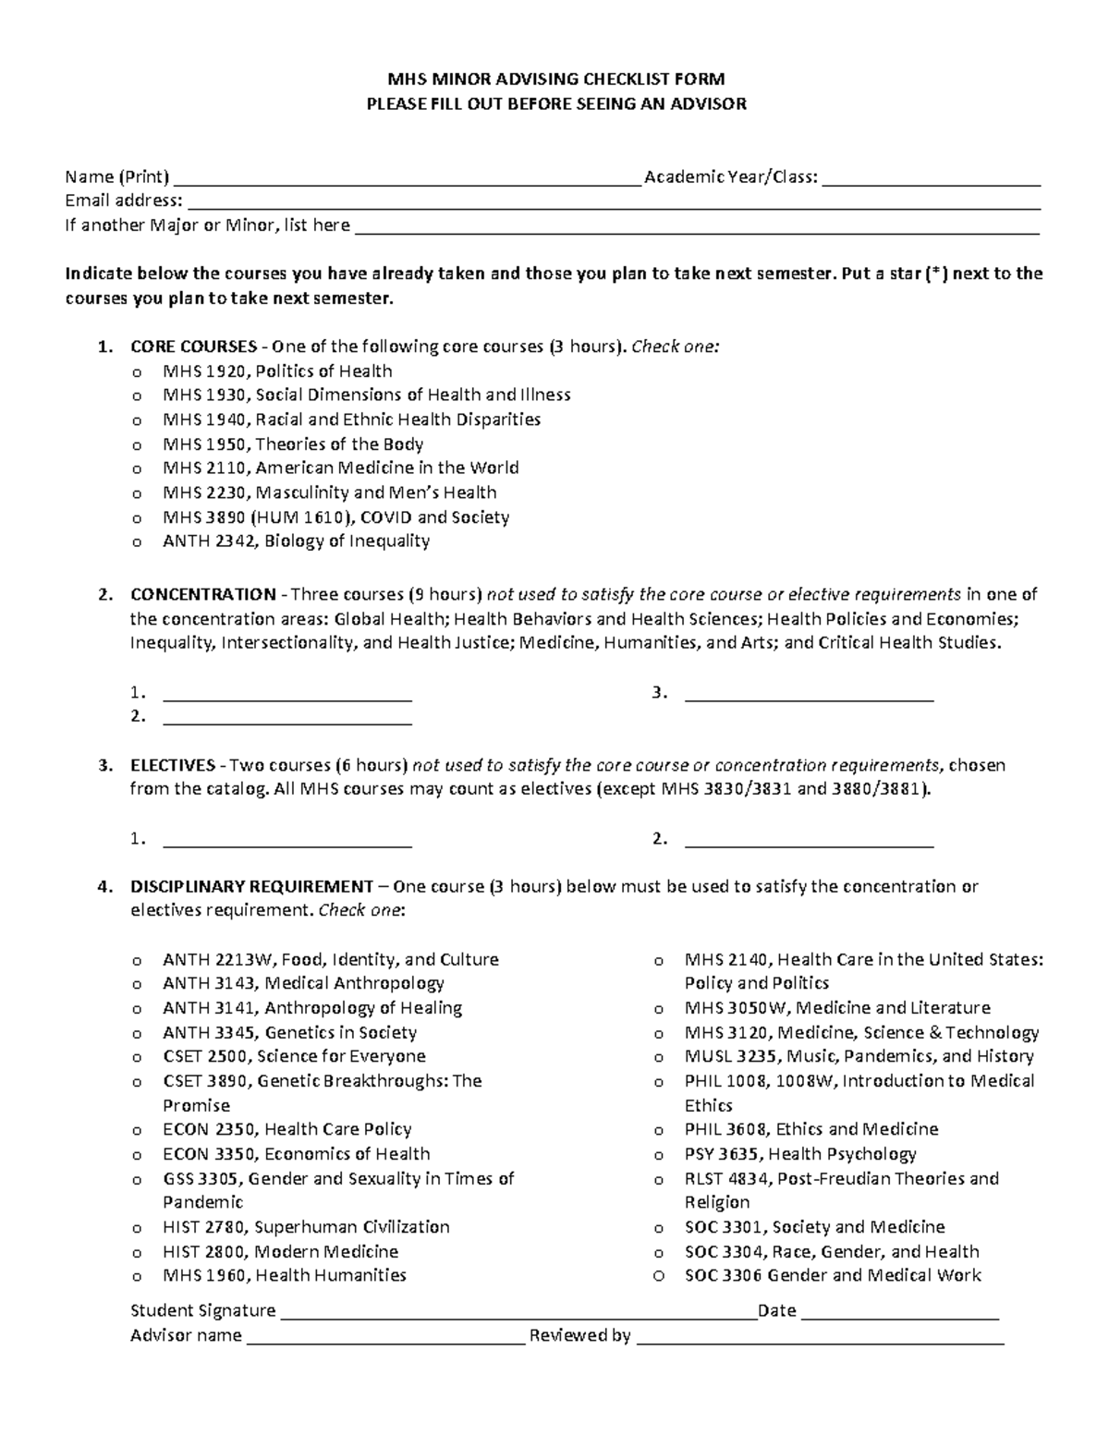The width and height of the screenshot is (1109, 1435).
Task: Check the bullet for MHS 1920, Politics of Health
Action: click(137, 372)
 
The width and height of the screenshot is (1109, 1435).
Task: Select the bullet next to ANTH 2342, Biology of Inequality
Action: click(137, 542)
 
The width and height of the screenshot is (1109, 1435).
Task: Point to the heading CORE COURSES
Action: click(193, 347)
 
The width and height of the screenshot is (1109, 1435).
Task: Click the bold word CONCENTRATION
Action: click(202, 594)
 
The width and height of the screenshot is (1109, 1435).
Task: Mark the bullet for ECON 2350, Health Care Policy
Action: click(137, 1131)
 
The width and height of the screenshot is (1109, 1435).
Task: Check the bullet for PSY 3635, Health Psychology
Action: click(659, 1155)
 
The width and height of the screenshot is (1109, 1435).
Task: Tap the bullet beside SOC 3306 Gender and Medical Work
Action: click(659, 1276)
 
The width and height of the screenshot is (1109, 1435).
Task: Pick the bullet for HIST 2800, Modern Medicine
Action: click(137, 1253)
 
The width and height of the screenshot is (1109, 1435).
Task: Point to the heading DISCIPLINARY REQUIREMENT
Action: click(251, 886)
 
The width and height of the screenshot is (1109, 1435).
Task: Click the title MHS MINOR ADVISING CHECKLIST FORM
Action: click(555, 79)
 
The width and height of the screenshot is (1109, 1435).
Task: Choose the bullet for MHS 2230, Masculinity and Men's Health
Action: click(137, 494)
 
